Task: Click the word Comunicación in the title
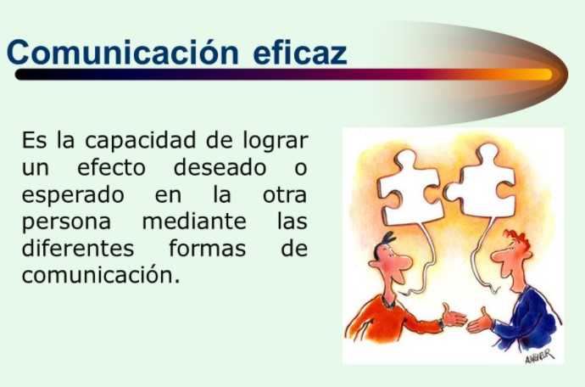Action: click(x=123, y=52)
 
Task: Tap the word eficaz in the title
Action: click(x=300, y=52)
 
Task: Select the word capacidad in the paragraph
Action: click(x=140, y=142)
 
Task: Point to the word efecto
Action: click(x=111, y=167)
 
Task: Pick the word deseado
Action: click(x=220, y=167)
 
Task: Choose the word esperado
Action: click(x=73, y=195)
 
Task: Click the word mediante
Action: click(x=194, y=222)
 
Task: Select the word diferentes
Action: click(x=78, y=248)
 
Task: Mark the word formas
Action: click(x=208, y=248)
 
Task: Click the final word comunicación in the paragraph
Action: click(x=101, y=275)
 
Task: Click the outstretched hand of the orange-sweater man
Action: click(x=454, y=317)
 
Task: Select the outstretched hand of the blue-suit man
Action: click(x=480, y=322)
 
